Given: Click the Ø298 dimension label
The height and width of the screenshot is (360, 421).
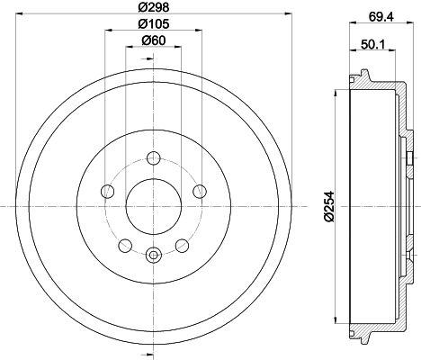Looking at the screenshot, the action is tap(154, 7).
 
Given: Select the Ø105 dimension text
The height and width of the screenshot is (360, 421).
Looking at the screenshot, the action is tap(154, 23).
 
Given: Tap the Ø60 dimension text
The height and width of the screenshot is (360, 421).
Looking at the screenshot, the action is tap(154, 40).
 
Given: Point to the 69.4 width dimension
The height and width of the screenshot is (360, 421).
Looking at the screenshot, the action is tap(381, 16).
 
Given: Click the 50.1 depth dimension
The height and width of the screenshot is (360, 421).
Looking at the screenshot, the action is tap(372, 45).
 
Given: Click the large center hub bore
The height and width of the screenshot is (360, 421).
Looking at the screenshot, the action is tap(154, 206).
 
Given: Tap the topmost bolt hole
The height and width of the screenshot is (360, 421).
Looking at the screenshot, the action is tap(154, 157).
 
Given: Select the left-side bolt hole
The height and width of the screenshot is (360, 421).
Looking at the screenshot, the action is tap(107, 191).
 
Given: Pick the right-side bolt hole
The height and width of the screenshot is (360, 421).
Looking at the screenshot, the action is tap(200, 191).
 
